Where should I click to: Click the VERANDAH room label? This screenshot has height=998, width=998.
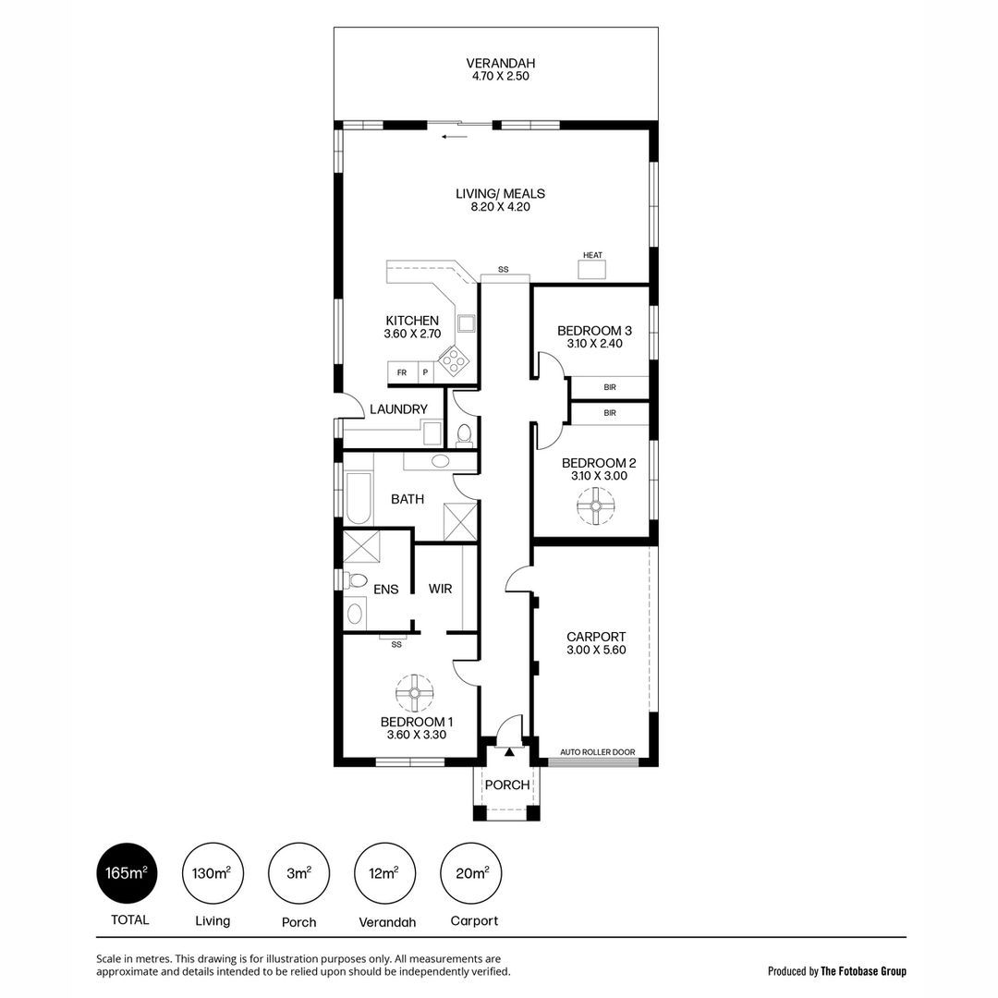tap(500, 63)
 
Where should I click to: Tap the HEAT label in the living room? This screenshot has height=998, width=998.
tap(592, 255)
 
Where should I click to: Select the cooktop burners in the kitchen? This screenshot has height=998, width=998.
tap(454, 359)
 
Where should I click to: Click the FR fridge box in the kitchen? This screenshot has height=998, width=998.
tap(402, 373)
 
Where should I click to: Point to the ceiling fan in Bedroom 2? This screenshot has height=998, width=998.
tap(596, 506)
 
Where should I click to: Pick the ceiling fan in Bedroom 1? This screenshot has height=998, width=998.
tap(414, 692)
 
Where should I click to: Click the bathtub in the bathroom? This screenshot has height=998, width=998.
tap(358, 498)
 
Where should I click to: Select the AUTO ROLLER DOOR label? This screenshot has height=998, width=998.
tap(598, 751)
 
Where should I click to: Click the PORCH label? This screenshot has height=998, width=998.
tap(507, 785)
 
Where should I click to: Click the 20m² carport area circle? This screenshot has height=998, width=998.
tap(471, 873)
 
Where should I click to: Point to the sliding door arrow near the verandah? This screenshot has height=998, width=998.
tap(456, 136)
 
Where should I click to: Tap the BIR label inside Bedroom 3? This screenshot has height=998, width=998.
tap(610, 387)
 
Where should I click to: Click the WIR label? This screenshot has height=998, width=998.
tap(441, 589)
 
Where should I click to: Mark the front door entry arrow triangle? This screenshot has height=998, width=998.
tap(509, 752)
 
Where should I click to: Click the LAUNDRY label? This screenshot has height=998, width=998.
tap(398, 409)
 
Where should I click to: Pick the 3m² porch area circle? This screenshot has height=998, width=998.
tap(299, 873)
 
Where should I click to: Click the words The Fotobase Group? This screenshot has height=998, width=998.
tap(864, 971)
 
